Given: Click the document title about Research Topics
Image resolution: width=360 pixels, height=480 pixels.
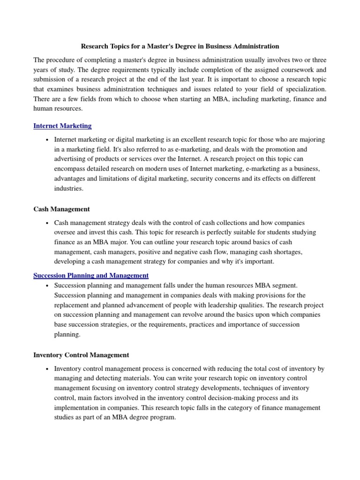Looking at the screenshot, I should pyautogui.click(x=180, y=46).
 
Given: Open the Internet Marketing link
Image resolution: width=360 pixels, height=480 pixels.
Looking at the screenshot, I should pyautogui.click(x=62, y=126).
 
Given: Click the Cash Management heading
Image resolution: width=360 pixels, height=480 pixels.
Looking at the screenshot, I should pyautogui.click(x=61, y=209).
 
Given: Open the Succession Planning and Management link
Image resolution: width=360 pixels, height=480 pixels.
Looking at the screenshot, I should pyautogui.click(x=91, y=275).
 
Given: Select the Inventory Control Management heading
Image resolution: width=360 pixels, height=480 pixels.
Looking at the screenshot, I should pyautogui.click(x=81, y=355).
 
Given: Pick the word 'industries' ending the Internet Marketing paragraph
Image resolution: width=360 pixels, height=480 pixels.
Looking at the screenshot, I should pyautogui.click(x=69, y=188).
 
